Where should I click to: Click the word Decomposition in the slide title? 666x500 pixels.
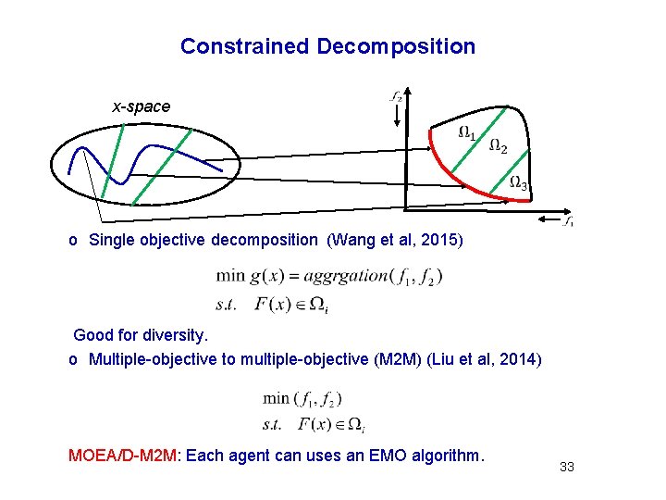pos(396,46)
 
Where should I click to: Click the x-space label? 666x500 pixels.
pos(142,106)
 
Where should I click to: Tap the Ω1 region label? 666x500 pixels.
pos(468,133)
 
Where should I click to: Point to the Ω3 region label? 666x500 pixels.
pos(520,183)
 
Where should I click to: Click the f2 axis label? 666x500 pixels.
pos(395,95)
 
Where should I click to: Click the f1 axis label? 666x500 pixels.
pos(570,221)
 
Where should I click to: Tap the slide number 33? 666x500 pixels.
pos(567,467)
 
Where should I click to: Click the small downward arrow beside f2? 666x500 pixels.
pos(397,115)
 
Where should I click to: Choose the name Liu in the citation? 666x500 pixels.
pos(445,359)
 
